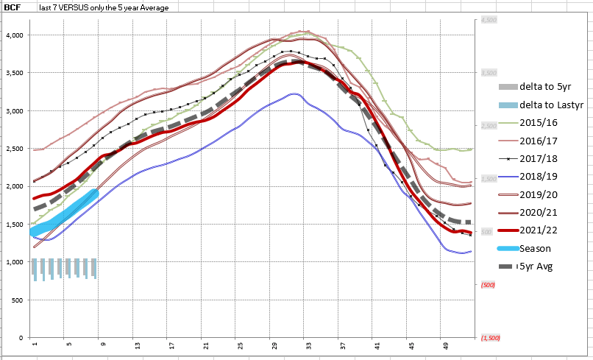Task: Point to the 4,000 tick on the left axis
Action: pos(15,35)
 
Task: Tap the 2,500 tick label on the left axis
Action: pos(15,149)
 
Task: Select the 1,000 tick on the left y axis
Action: pos(15,262)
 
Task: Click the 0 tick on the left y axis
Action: pos(21,338)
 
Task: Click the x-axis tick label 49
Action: pos(446,345)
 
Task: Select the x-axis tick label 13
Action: pos(137,345)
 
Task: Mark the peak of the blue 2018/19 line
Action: pos(294,93)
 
